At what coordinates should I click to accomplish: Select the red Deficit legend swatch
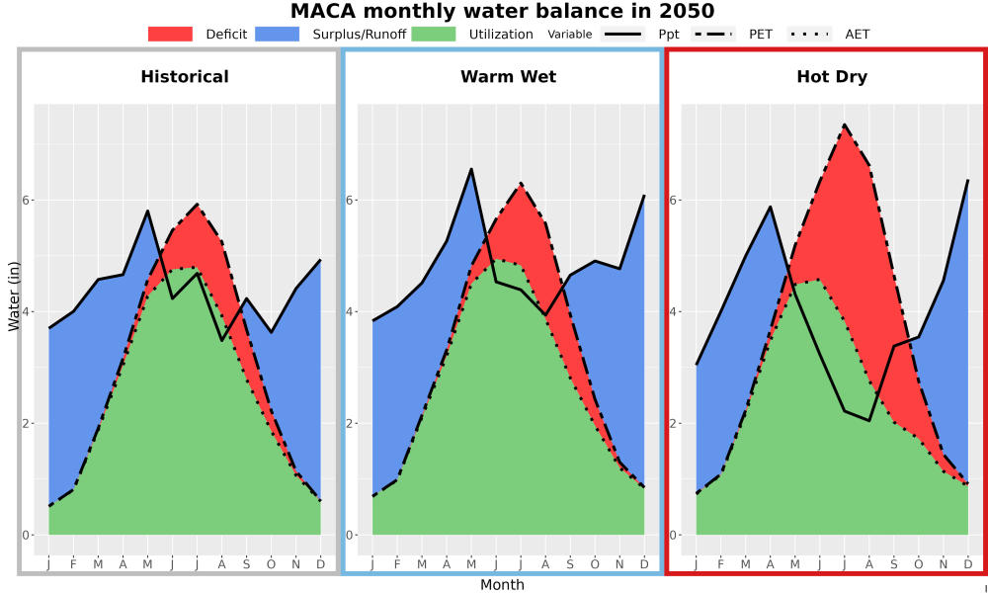pos(170,34)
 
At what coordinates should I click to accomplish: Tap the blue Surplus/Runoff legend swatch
pos(278,34)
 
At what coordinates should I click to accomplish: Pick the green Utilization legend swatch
pos(434,34)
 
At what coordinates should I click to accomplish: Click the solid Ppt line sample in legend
pos(622,34)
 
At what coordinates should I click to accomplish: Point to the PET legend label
pos(761,34)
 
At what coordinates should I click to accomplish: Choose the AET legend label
pos(857,34)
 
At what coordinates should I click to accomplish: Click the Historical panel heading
pos(185,77)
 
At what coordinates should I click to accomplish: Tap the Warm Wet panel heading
pos(509,77)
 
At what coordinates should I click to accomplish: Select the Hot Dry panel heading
pos(832,77)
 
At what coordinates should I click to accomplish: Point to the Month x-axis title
pos(502,585)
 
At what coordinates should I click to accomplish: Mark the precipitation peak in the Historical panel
pos(147,211)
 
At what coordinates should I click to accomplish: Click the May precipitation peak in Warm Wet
pos(470,169)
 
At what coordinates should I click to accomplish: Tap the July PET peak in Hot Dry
pos(845,125)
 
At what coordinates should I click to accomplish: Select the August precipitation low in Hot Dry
pos(868,420)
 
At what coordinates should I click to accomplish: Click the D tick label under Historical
pos(321,564)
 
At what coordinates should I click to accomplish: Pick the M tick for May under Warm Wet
pos(471,564)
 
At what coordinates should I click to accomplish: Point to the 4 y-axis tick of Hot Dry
pos(673,311)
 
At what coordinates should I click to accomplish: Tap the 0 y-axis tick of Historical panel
pos(26,535)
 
